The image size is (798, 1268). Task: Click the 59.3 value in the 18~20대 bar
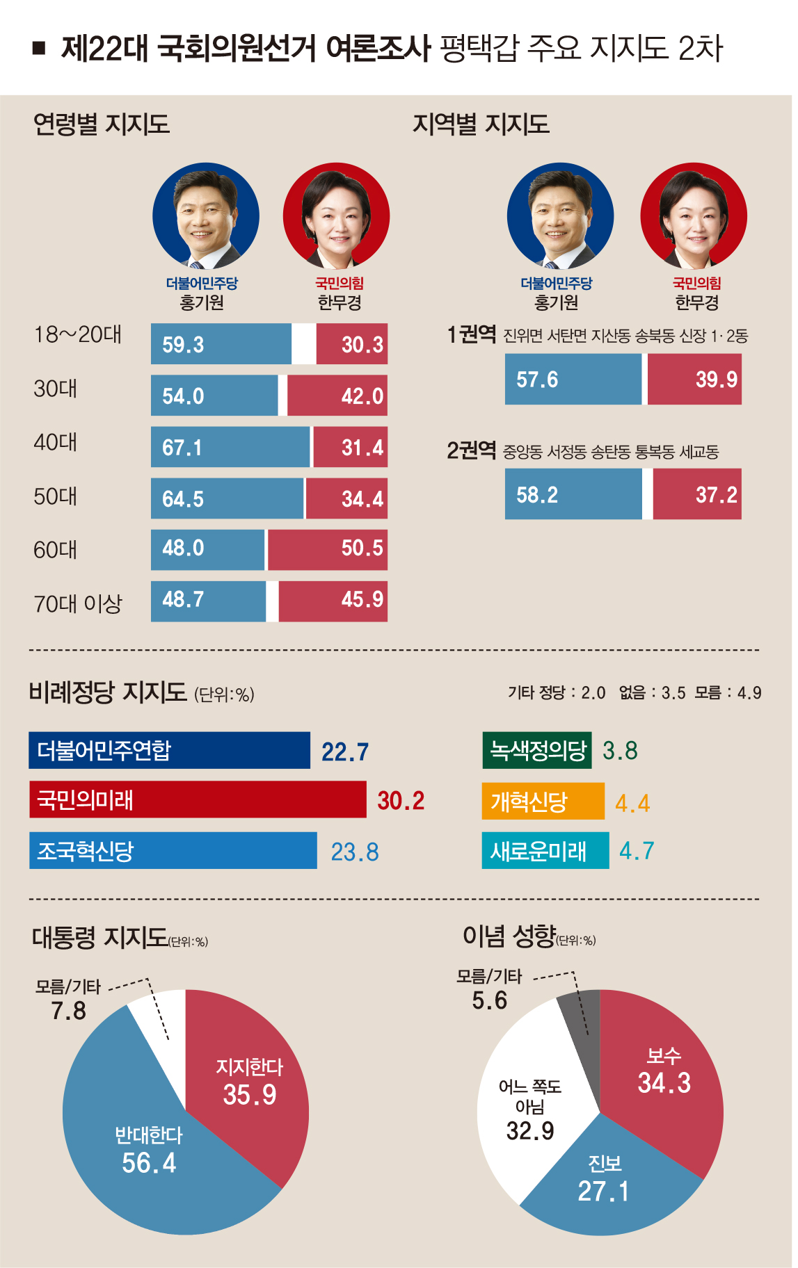click(183, 345)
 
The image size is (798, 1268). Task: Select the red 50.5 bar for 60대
click(327, 549)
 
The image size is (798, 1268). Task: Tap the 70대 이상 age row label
click(77, 603)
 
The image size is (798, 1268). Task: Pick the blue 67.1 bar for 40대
click(230, 447)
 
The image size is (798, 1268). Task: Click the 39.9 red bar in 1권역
click(694, 380)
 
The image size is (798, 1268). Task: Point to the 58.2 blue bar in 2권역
click(573, 494)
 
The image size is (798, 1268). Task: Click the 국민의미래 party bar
click(197, 800)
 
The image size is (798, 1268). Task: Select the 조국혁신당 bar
click(173, 851)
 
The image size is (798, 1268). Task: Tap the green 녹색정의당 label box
click(537, 750)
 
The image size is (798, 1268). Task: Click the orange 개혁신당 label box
click(543, 802)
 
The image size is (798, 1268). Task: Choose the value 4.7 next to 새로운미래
click(637, 851)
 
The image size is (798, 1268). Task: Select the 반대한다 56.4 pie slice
click(148, 1151)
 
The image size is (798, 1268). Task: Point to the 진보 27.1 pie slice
click(604, 1178)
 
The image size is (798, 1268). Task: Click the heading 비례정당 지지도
click(108, 692)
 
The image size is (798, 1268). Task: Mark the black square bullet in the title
click(39, 48)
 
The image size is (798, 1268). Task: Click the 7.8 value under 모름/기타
click(68, 1010)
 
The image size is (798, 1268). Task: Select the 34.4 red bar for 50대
click(346, 498)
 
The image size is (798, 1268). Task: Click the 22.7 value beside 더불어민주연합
click(345, 751)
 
